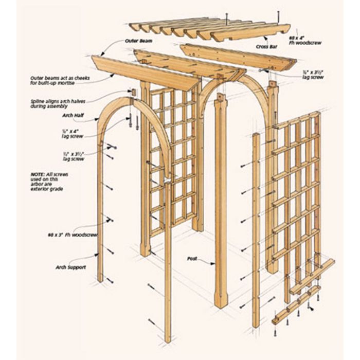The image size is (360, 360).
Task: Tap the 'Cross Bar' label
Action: coord(265,46)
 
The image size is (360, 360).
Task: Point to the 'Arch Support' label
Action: coord(71,267)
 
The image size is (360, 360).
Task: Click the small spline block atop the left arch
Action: coord(132,93)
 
